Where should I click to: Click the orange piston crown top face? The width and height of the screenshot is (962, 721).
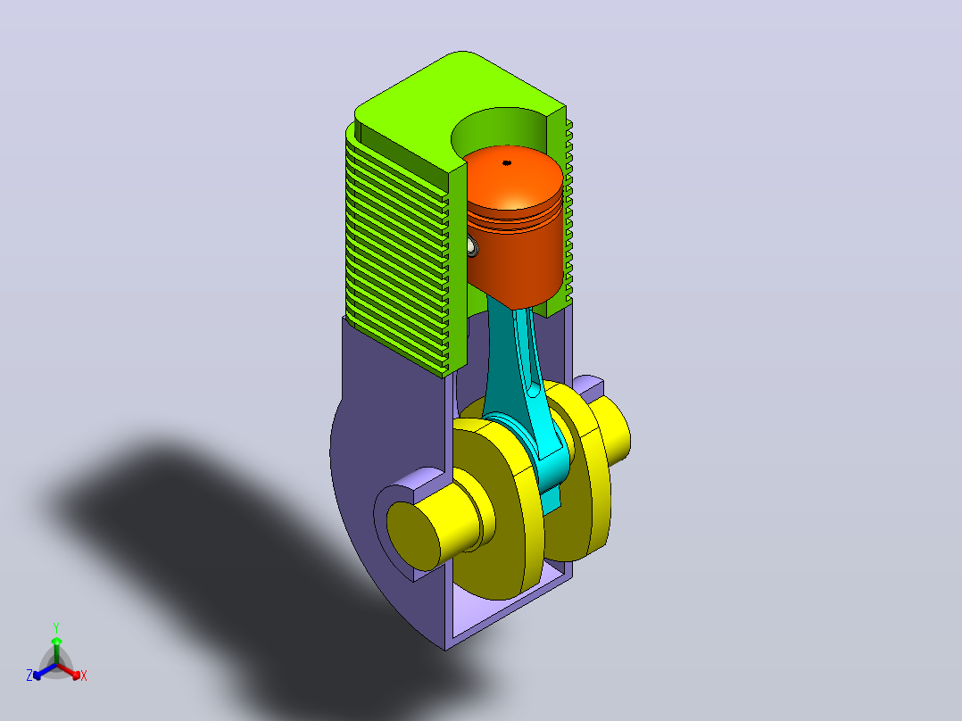pos(512,178)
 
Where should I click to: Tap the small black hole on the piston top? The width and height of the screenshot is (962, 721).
pos(507,162)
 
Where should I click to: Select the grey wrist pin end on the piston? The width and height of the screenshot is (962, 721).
pos(472,246)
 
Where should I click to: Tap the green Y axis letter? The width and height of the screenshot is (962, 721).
pos(56,628)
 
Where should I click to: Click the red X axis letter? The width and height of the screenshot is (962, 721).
pos(84,675)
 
